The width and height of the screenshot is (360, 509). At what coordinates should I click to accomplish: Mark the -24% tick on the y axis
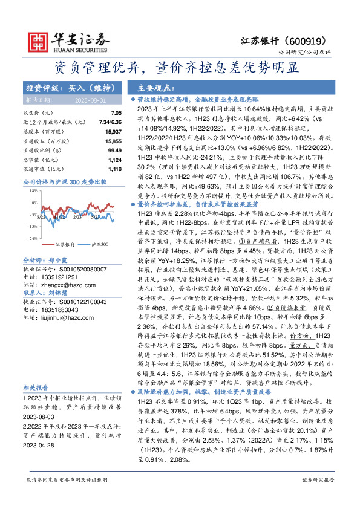(28, 238)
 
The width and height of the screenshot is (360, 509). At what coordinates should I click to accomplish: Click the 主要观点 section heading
(154, 88)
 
